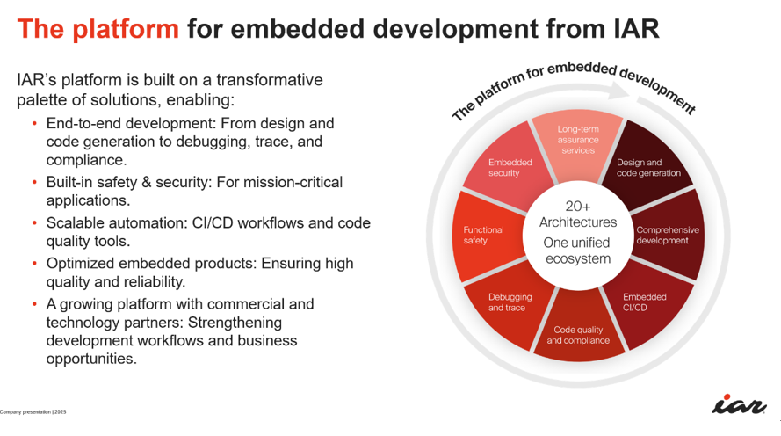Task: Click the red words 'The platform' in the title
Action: click(x=98, y=29)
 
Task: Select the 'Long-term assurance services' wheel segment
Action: click(x=578, y=143)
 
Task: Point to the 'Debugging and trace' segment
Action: click(x=508, y=304)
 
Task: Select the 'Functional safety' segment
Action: click(x=486, y=236)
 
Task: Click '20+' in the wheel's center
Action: click(x=578, y=206)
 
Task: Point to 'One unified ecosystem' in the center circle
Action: click(x=577, y=251)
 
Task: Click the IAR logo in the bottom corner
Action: click(x=739, y=404)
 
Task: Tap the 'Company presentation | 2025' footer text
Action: click(x=33, y=412)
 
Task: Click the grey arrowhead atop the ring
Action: click(x=619, y=91)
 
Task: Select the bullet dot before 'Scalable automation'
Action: click(x=34, y=222)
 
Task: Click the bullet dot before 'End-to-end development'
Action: click(x=34, y=123)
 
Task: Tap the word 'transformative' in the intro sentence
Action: click(x=270, y=80)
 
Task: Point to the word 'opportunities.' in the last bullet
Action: click(x=91, y=360)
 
